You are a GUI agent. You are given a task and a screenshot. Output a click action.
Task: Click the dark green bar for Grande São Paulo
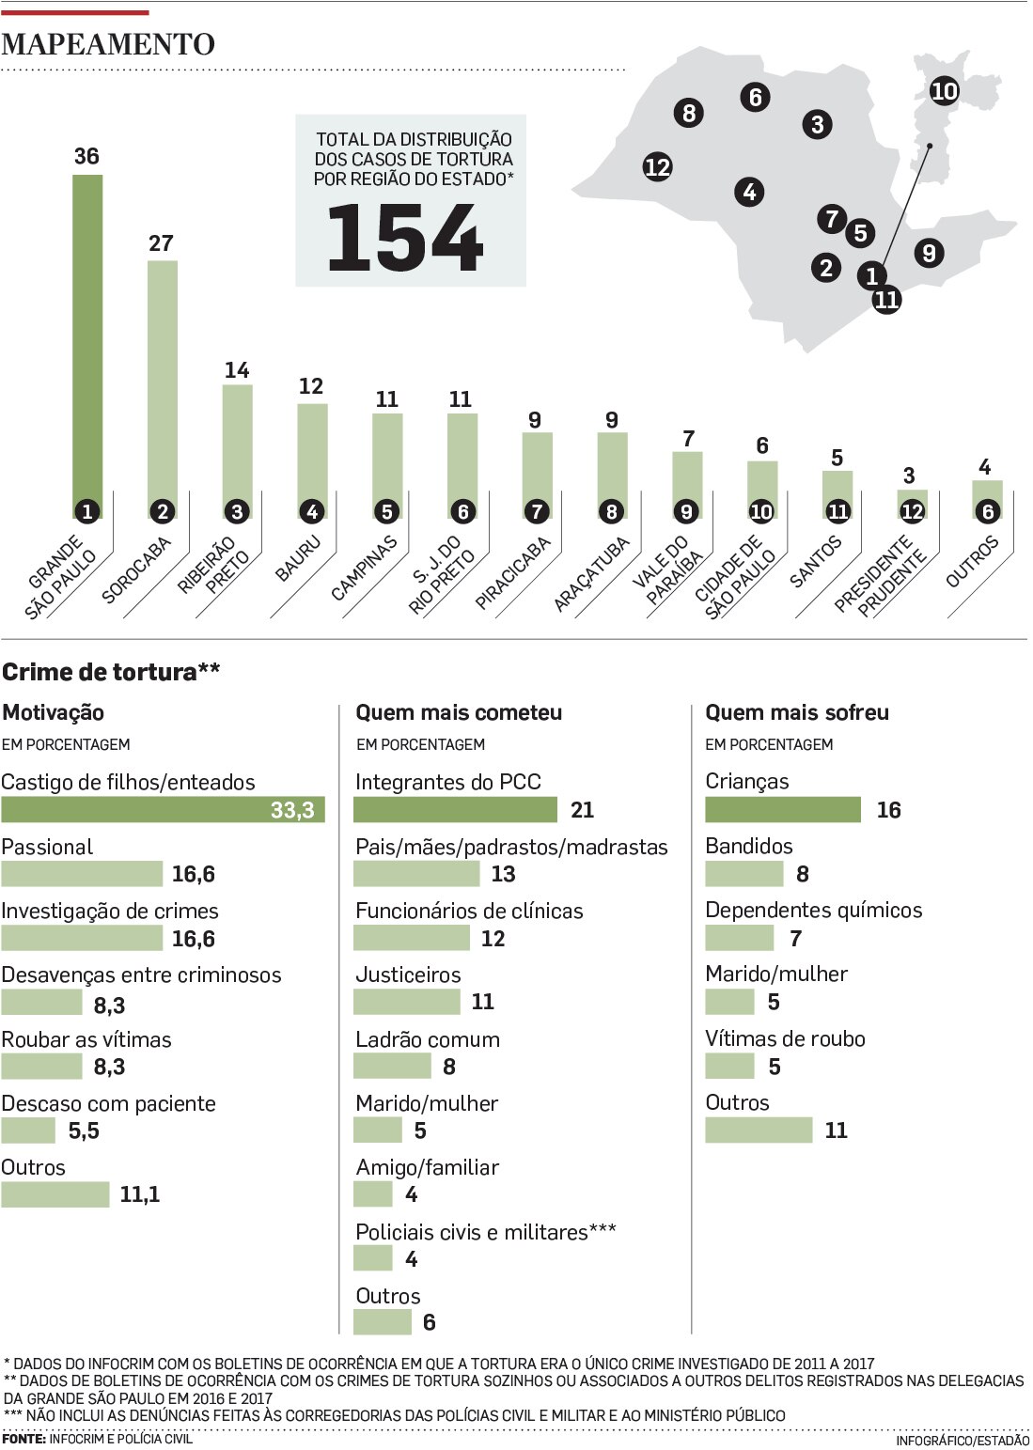[x=87, y=338]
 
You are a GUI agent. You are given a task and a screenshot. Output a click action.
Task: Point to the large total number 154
[x=405, y=239]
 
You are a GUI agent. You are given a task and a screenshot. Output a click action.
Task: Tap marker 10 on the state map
[x=944, y=91]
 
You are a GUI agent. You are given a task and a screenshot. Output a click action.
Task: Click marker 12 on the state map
[x=657, y=167]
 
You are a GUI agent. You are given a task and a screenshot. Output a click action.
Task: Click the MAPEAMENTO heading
[x=108, y=44]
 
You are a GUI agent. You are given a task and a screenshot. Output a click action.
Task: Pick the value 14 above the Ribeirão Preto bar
[x=237, y=370]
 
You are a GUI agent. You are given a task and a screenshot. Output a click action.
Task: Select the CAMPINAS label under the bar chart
[x=365, y=568]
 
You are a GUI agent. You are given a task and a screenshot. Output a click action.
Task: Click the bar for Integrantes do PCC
[x=455, y=810]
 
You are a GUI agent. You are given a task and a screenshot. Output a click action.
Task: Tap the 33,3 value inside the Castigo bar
[x=292, y=810]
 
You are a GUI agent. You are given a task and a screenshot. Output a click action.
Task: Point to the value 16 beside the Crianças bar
[x=888, y=810]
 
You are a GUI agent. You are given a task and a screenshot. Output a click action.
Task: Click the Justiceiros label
[x=408, y=974]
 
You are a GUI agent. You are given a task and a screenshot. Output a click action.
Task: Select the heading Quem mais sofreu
[x=797, y=712]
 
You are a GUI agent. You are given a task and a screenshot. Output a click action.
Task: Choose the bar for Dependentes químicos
[x=739, y=938]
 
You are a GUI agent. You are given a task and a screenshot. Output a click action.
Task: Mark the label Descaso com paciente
[x=108, y=1103]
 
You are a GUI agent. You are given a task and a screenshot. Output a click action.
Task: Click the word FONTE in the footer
[x=23, y=1439]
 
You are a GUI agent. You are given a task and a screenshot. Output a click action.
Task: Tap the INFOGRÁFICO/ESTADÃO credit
[x=962, y=1440]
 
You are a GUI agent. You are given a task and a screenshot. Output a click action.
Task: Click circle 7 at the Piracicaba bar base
[x=537, y=512]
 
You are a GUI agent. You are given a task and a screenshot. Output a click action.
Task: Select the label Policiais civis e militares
[x=471, y=1232]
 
